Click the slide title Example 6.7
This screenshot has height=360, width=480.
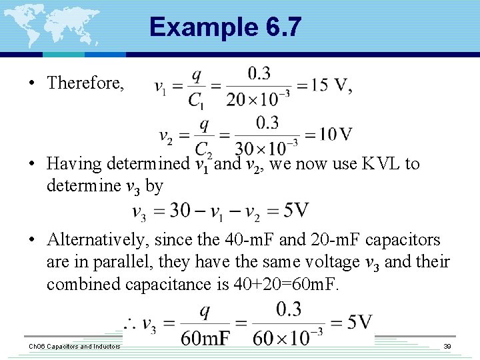(225, 27)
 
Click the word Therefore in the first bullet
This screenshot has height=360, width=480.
(85, 83)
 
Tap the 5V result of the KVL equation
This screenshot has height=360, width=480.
(295, 211)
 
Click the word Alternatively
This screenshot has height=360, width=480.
(93, 239)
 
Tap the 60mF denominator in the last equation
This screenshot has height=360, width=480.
(205, 338)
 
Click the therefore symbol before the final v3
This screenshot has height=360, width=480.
(129, 326)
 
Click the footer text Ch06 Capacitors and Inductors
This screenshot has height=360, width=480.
(73, 347)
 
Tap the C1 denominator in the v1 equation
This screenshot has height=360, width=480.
(195, 100)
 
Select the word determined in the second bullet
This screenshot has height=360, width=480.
(147, 163)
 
